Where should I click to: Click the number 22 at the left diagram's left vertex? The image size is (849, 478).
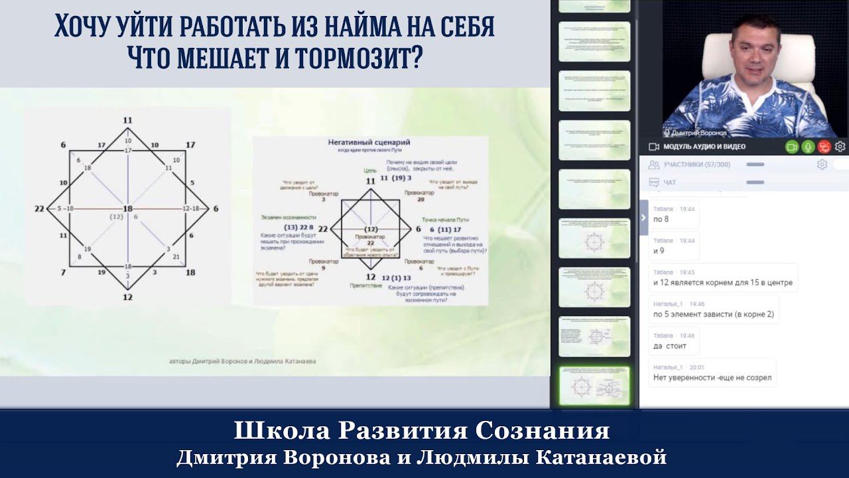[39, 208]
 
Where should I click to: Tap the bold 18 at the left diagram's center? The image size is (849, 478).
[127, 208]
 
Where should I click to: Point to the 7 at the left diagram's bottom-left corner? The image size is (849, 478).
[63, 273]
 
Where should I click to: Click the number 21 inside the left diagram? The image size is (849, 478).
[176, 256]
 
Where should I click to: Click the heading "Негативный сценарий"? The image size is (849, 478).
[369, 142]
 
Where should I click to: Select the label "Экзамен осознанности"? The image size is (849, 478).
[288, 218]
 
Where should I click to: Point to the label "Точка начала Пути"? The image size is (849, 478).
[446, 218]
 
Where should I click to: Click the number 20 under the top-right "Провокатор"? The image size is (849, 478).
[421, 199]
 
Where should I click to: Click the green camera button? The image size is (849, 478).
[791, 147]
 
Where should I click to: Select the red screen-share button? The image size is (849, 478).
[824, 147]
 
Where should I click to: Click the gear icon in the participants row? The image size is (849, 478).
[822, 165]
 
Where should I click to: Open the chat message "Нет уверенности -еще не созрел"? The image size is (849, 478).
[712, 377]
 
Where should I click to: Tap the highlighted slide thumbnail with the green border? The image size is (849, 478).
[594, 386]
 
